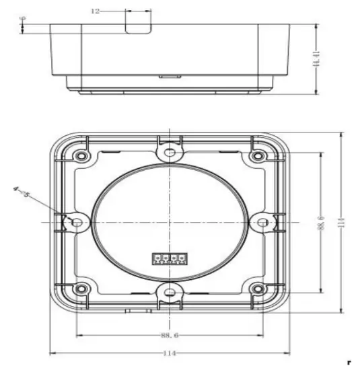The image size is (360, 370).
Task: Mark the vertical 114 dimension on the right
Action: point(342,222)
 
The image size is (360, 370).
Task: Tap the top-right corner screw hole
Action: point(257,156)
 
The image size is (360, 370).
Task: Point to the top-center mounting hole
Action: point(170,153)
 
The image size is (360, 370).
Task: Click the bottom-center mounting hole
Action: point(170,292)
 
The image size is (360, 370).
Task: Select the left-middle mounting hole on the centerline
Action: point(77,222)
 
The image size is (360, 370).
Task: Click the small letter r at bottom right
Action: point(349,363)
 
